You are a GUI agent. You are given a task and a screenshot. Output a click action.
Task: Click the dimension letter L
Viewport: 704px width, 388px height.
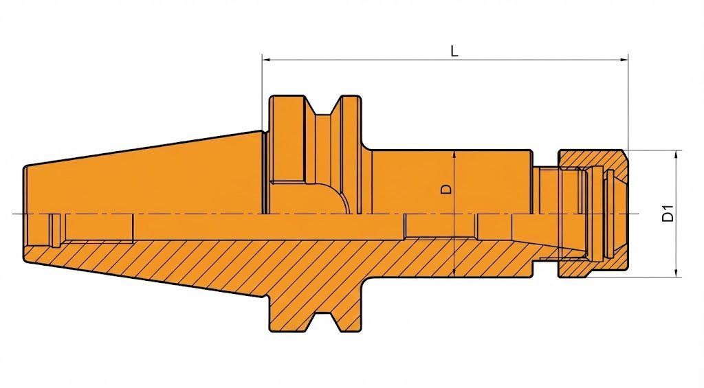tap(455, 51)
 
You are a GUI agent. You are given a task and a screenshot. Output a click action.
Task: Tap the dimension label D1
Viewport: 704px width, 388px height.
tap(668, 213)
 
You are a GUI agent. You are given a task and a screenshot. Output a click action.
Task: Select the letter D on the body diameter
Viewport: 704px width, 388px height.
tap(446, 190)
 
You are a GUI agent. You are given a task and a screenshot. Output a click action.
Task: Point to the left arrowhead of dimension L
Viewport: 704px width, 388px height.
tap(266, 59)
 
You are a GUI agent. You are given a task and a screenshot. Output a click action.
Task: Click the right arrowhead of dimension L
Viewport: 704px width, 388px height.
tap(624, 59)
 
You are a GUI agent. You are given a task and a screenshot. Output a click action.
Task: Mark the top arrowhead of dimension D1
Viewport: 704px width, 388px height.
tap(676, 155)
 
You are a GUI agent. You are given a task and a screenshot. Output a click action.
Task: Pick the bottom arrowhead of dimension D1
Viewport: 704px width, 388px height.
tap(676, 273)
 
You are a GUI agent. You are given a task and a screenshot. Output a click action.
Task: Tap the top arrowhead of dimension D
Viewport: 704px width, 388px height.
tap(455, 155)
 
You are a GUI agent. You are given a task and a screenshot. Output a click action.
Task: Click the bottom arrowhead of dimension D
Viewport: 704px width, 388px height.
tap(455, 273)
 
